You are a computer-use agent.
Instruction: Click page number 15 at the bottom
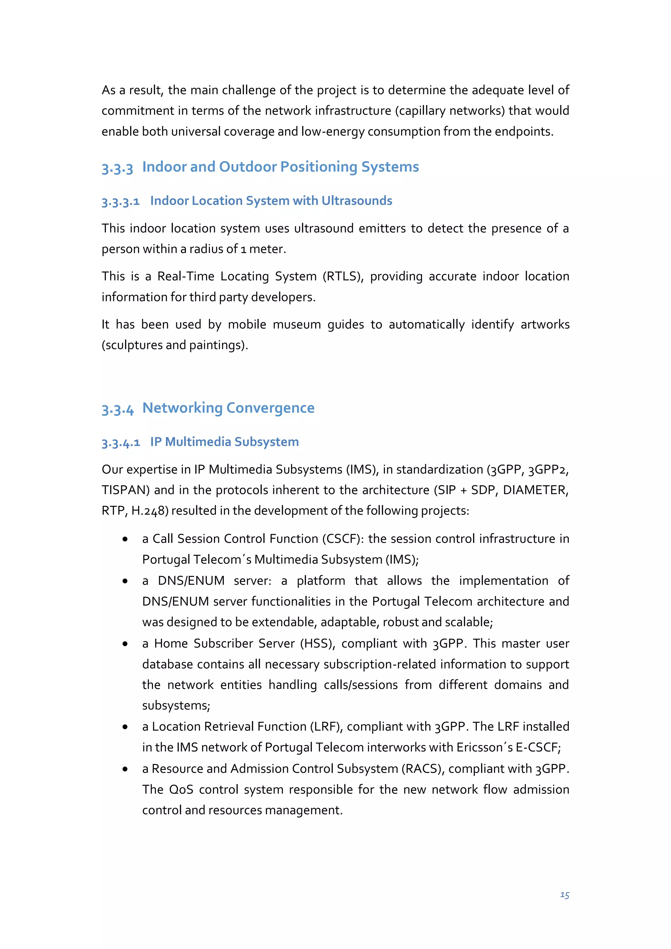pyautogui.click(x=564, y=895)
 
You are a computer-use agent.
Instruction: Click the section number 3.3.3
pyautogui.click(x=117, y=168)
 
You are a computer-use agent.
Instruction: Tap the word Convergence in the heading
pyautogui.click(x=270, y=408)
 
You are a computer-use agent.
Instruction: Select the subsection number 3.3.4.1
pyautogui.click(x=120, y=443)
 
